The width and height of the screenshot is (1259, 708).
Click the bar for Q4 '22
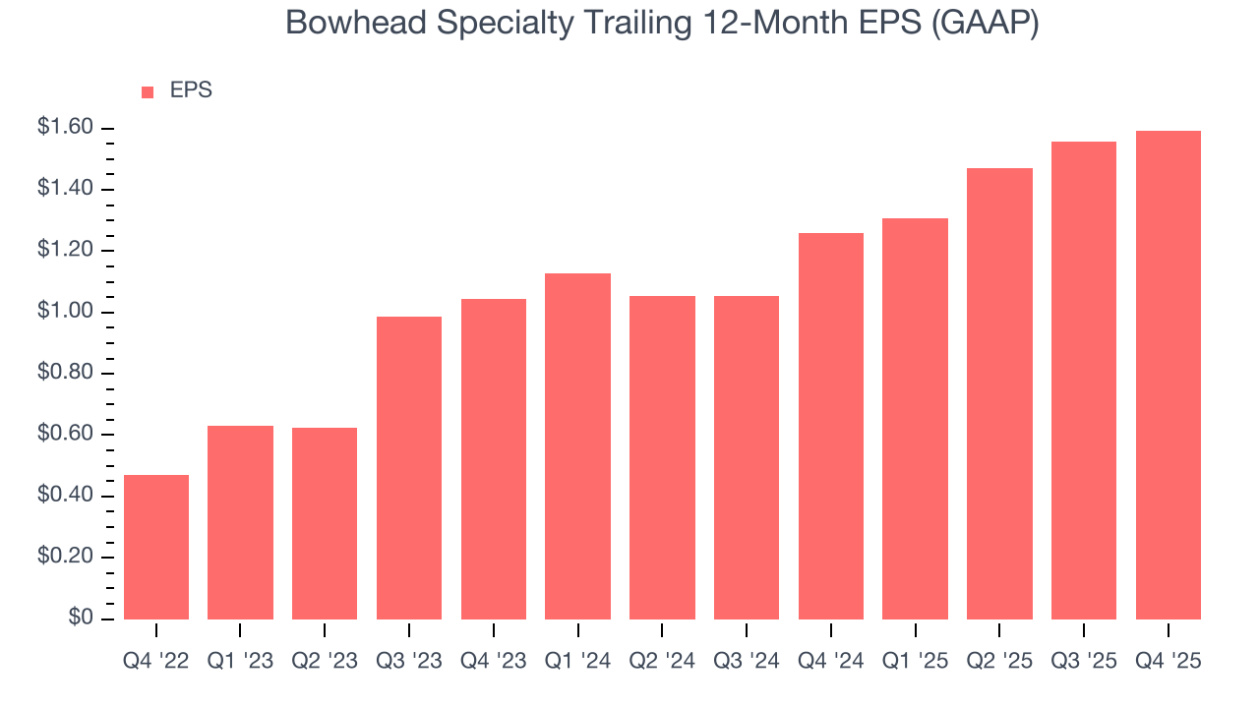point(155,547)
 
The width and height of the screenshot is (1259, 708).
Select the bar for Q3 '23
point(409,468)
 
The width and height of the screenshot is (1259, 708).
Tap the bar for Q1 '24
point(577,446)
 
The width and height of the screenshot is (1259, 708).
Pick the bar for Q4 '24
point(831,426)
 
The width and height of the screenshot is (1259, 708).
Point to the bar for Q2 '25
point(999,393)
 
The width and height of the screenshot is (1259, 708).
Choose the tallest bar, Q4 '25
point(1169,375)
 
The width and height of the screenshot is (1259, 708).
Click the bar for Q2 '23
point(325,523)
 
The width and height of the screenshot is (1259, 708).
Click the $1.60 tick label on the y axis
point(65,128)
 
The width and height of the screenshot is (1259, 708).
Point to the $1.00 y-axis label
point(65,312)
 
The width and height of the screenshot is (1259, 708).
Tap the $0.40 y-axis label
point(65,496)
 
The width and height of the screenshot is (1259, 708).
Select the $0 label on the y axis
point(80,619)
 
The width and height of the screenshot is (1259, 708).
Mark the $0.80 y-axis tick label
point(65,374)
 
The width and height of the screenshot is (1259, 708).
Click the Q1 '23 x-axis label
point(240,662)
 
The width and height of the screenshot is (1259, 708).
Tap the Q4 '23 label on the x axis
point(494,662)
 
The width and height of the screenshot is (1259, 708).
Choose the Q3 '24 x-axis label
point(747,662)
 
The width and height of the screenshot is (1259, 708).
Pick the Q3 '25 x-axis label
point(1084,662)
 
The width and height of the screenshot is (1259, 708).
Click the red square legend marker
point(148,91)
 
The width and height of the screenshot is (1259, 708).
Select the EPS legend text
point(191,90)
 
